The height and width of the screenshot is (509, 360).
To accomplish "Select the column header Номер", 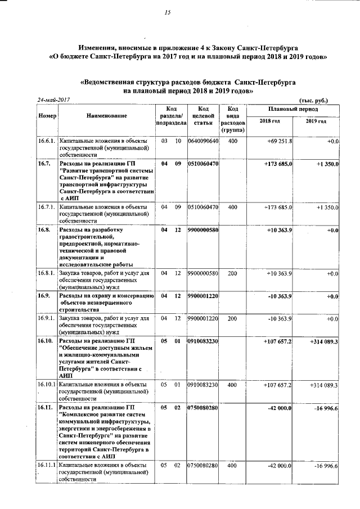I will [47, 115].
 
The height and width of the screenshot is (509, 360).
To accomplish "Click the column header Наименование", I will [106, 115].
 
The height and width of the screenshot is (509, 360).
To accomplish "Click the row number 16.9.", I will [44, 296].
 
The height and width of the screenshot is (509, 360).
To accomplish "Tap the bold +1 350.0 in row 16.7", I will [323, 164].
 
